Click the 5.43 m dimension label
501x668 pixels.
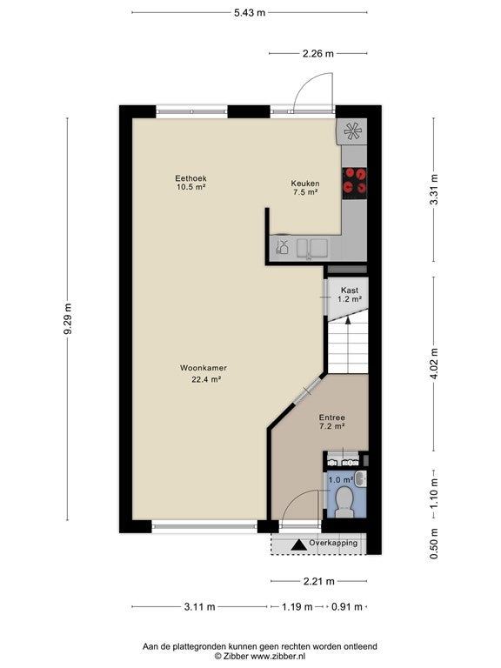pyautogui.click(x=250, y=13)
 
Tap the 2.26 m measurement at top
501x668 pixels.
pyautogui.click(x=317, y=54)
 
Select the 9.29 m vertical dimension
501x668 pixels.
pyautogui.click(x=68, y=318)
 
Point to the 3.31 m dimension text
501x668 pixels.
pyautogui.click(x=434, y=190)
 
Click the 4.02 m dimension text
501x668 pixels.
pyautogui.click(x=434, y=364)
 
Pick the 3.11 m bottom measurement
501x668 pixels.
pyautogui.click(x=199, y=606)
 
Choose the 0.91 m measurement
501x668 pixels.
pyautogui.click(x=347, y=606)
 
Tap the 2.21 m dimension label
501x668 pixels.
pyautogui.click(x=318, y=581)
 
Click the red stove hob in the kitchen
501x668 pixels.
pyautogui.click(x=355, y=181)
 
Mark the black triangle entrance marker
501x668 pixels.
pyautogui.click(x=298, y=544)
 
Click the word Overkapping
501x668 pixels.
pyautogui.click(x=333, y=543)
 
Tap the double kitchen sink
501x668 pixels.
pyautogui.click(x=312, y=248)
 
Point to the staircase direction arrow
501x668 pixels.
pyautogui.click(x=348, y=345)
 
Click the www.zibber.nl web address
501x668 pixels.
pyautogui.click(x=277, y=657)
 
